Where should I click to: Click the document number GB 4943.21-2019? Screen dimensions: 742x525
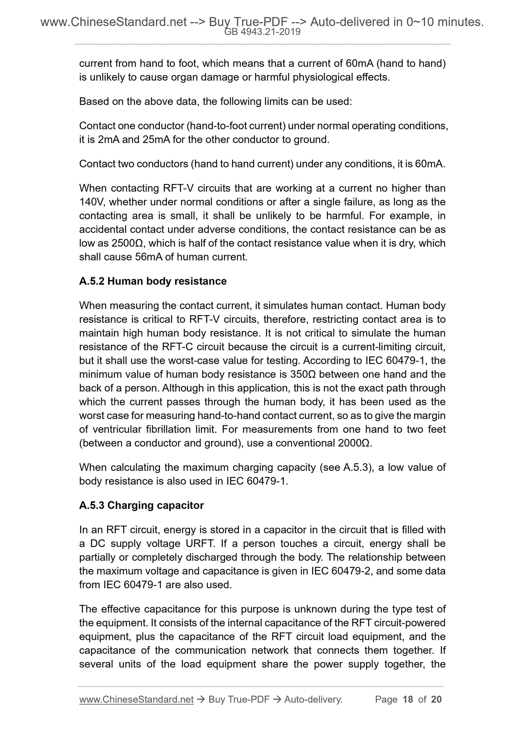click(x=262, y=32)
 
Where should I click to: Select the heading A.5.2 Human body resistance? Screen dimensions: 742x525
click(x=153, y=281)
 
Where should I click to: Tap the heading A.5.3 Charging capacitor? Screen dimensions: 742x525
click(x=141, y=505)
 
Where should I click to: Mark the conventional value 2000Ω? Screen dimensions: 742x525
click(x=355, y=443)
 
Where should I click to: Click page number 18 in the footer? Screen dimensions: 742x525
click(x=408, y=699)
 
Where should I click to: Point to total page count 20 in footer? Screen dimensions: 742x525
click(x=436, y=699)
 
